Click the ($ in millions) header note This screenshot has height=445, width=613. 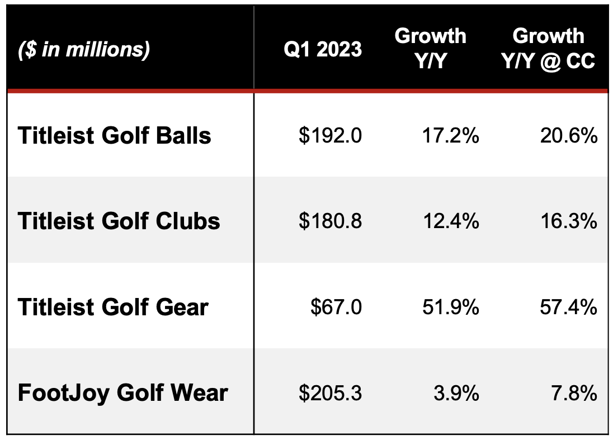(84, 50)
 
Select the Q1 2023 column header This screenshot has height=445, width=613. (323, 50)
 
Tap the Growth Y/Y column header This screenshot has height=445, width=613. (430, 48)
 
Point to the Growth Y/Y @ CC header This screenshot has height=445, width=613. (548, 48)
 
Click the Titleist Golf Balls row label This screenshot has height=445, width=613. (115, 136)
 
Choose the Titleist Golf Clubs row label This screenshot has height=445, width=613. (119, 221)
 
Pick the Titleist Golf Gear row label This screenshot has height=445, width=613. (113, 307)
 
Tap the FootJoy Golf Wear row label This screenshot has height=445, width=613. (123, 392)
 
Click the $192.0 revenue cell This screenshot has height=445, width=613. (330, 136)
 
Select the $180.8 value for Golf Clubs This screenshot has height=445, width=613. (330, 221)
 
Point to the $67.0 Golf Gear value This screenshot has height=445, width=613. (336, 307)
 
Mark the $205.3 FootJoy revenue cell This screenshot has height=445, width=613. (330, 392)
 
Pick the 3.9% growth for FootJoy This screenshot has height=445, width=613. (456, 392)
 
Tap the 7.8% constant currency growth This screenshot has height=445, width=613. (574, 392)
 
